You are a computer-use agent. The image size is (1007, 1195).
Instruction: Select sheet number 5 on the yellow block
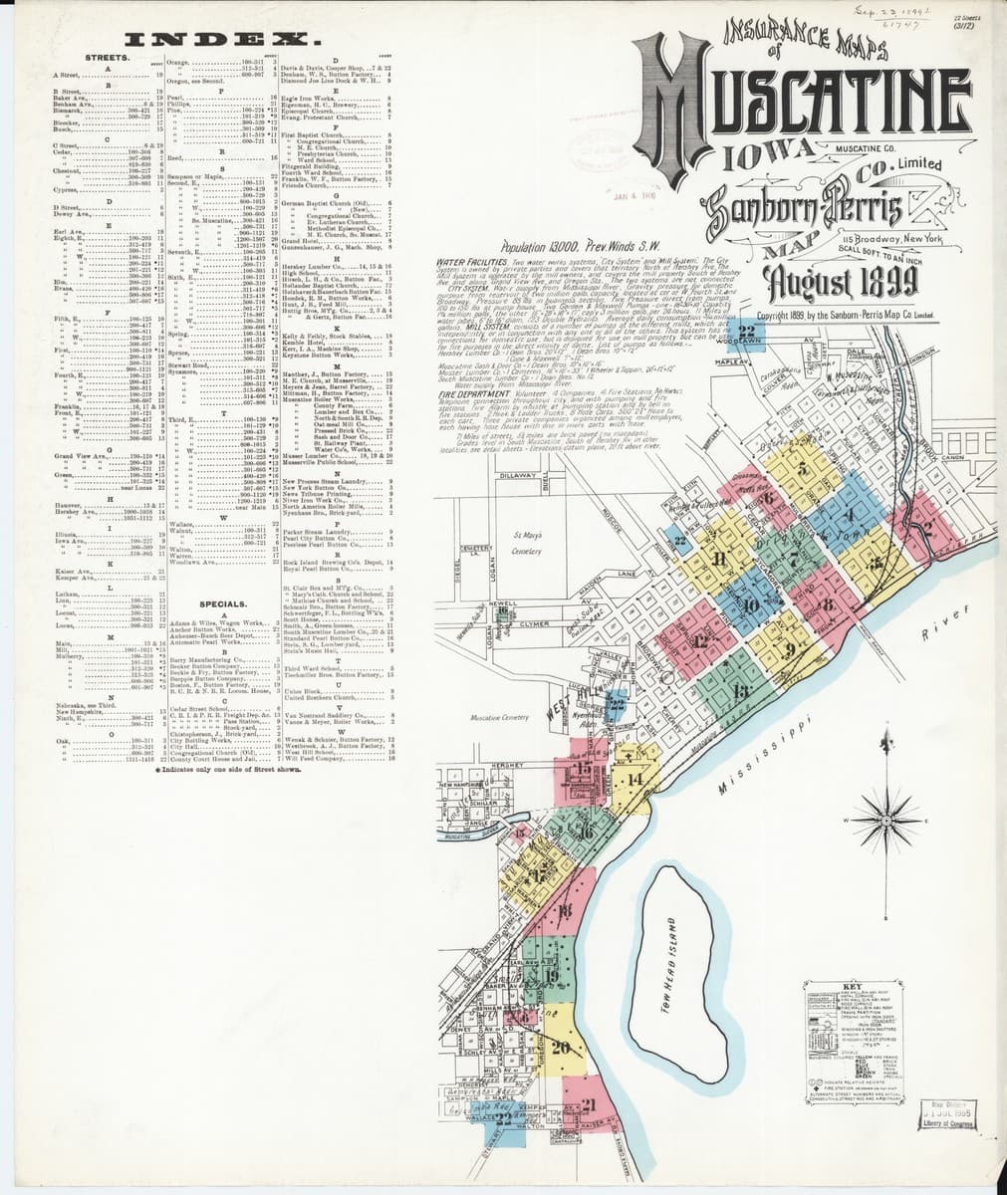[x=801, y=469]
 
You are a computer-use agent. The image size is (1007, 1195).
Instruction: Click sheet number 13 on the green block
[x=739, y=690]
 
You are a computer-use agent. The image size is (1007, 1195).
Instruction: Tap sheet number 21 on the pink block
[x=588, y=1103]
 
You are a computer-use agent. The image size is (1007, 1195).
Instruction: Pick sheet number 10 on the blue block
[x=750, y=603]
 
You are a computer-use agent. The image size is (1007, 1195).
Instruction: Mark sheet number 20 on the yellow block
[x=560, y=1047]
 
